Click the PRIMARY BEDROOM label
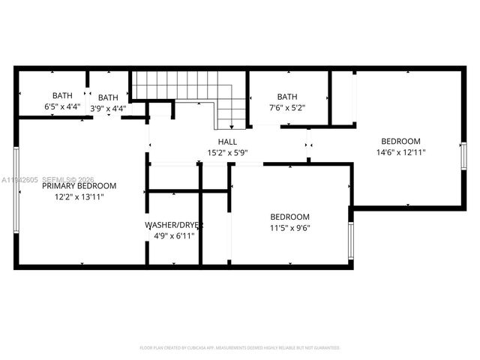[x=79, y=186]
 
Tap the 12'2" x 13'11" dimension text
[x=79, y=197]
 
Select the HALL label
[x=227, y=142]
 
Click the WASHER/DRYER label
[x=174, y=225]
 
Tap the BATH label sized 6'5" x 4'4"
[x=62, y=95]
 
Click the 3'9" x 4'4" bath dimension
[x=108, y=109]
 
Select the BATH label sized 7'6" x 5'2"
[x=287, y=97]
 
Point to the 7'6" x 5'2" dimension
[x=287, y=108]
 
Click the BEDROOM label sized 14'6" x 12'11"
[x=400, y=141]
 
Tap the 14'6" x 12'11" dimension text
[x=400, y=152]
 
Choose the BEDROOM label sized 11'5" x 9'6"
[x=289, y=217]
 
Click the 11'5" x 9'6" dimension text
[x=289, y=228]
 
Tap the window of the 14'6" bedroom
[x=463, y=157]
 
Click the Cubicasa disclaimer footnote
[x=240, y=348]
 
